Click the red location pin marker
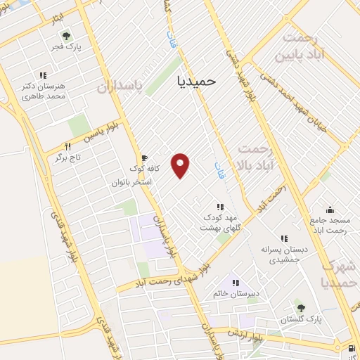(181, 165)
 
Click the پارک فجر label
(66, 48)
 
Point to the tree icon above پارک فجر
(66, 36)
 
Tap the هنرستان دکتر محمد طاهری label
(43, 90)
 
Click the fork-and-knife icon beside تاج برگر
(67, 146)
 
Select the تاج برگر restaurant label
(69, 157)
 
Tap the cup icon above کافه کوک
(144, 158)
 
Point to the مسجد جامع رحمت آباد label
(329, 225)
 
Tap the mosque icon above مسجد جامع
(329, 209)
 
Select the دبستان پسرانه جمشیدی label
(285, 255)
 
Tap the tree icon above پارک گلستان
(301, 308)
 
